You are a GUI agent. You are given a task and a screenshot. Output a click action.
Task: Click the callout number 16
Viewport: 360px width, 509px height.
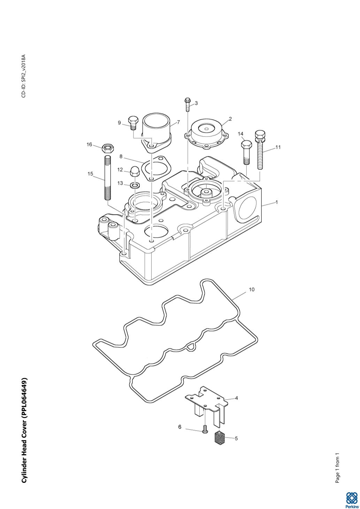coord(89,145)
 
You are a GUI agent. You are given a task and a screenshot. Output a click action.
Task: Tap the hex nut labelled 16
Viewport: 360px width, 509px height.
coord(108,148)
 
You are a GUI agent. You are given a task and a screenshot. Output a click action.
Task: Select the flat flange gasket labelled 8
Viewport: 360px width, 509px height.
coord(156,168)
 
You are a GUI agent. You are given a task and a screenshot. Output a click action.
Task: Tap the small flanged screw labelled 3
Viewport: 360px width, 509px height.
coord(187,105)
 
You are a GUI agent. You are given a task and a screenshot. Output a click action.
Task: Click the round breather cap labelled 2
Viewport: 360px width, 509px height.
coord(206,135)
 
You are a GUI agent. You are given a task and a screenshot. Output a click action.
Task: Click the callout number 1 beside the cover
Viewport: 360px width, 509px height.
coord(277,202)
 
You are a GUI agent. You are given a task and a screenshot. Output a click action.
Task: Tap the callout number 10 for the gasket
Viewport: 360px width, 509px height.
coord(252,290)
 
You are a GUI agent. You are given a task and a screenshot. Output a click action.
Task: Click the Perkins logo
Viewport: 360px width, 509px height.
coord(351,499)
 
